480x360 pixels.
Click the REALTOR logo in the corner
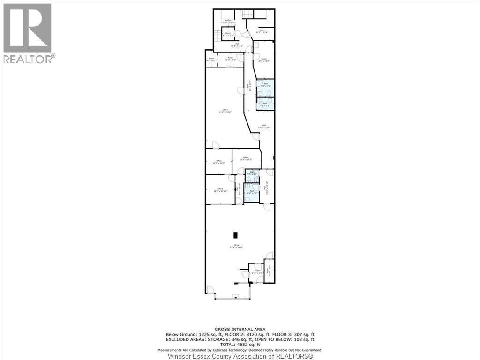pyautogui.click(x=27, y=33)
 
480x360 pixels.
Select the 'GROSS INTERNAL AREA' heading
pyautogui.click(x=240, y=330)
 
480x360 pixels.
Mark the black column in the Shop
pyautogui.click(x=236, y=234)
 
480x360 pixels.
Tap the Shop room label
pyautogui.click(x=236, y=245)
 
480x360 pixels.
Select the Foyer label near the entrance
pyautogui.click(x=257, y=270)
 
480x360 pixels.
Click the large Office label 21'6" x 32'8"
pyautogui.click(x=225, y=111)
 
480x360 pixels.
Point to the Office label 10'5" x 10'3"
pyautogui.click(x=218, y=162)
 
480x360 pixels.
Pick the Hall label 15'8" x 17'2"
pyautogui.click(x=237, y=45)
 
